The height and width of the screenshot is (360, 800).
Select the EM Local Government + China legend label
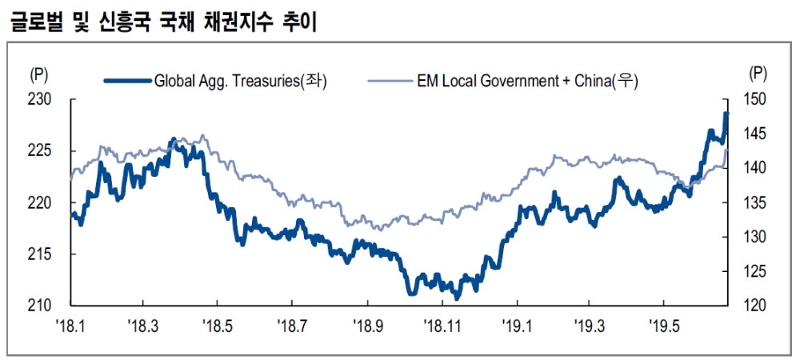point(524,80)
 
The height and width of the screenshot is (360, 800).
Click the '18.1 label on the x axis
point(70,326)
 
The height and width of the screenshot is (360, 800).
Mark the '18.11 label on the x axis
point(443,326)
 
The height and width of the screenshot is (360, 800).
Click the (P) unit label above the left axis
point(38,74)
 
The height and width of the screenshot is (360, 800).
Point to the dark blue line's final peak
point(726,114)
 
